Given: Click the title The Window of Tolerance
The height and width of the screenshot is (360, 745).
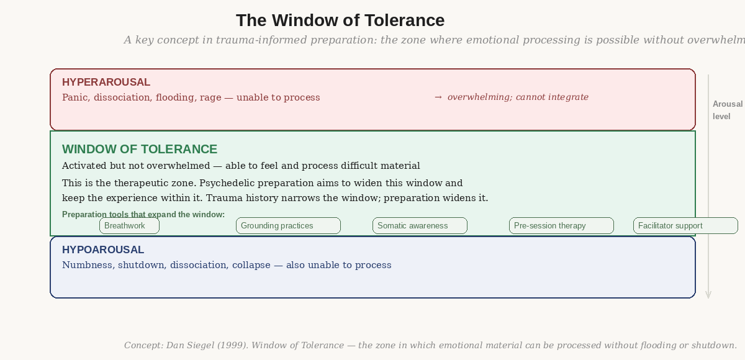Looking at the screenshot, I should (x=340, y=20).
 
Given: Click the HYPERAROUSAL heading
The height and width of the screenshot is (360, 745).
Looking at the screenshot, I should (x=106, y=82).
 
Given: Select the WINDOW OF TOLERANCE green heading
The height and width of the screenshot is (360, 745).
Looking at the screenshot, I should (x=140, y=149).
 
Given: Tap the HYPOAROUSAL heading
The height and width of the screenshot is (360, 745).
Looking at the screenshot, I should (x=103, y=250).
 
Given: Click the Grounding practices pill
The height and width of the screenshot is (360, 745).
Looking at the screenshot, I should (x=288, y=226).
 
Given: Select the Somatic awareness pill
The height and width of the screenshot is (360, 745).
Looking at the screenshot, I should (x=420, y=226).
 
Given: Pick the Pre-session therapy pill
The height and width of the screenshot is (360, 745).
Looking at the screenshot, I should (x=561, y=226).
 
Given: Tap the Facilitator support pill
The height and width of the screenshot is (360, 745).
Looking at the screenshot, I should (x=685, y=226).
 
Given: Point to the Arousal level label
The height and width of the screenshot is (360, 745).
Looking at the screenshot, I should (x=727, y=110).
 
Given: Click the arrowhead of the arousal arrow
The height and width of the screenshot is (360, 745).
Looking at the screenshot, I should (x=708, y=295).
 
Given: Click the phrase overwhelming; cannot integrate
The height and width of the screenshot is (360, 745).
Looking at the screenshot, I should (x=518, y=97).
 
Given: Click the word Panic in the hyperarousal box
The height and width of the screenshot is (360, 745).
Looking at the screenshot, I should (x=75, y=97).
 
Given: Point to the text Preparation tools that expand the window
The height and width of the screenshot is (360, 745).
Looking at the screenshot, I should (x=143, y=215).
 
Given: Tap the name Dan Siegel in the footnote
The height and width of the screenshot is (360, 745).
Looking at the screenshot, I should (x=190, y=345).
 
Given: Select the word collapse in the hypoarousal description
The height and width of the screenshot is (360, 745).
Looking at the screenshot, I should (x=251, y=265).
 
